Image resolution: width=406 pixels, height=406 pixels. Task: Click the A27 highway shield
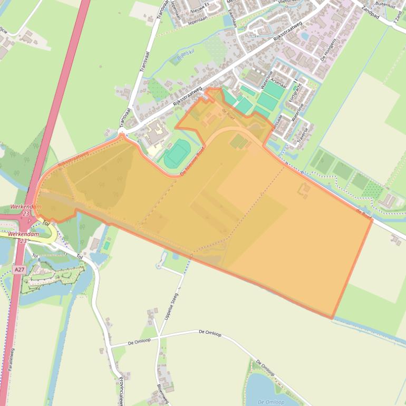(x=20, y=269)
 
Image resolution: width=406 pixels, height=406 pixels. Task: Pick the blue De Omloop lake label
(x=271, y=402)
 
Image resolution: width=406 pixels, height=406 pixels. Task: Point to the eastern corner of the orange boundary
(x=372, y=219)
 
